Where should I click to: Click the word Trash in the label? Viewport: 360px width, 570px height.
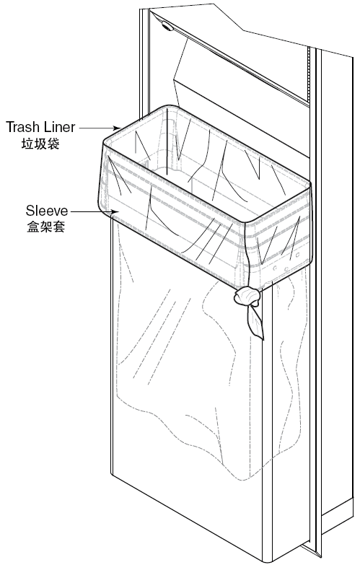(23, 127)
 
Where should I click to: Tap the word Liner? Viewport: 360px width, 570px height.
(60, 127)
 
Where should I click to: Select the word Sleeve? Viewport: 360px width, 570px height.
(47, 211)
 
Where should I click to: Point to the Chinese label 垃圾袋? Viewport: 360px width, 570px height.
(40, 144)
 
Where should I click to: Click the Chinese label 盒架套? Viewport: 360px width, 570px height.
(46, 227)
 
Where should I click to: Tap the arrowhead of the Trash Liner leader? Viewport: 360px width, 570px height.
(118, 128)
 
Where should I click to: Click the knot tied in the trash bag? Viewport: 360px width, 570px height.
(247, 296)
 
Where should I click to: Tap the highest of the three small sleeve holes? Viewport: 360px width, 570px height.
(298, 255)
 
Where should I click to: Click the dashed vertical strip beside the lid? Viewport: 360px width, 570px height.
(309, 76)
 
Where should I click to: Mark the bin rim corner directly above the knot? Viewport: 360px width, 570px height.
(248, 221)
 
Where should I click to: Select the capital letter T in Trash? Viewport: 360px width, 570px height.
(10, 127)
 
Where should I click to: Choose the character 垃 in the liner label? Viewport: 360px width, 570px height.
(27, 144)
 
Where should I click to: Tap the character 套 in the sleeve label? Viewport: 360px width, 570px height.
(59, 227)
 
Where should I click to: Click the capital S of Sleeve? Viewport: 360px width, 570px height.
(30, 211)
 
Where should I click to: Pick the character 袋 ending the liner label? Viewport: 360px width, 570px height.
(53, 144)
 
